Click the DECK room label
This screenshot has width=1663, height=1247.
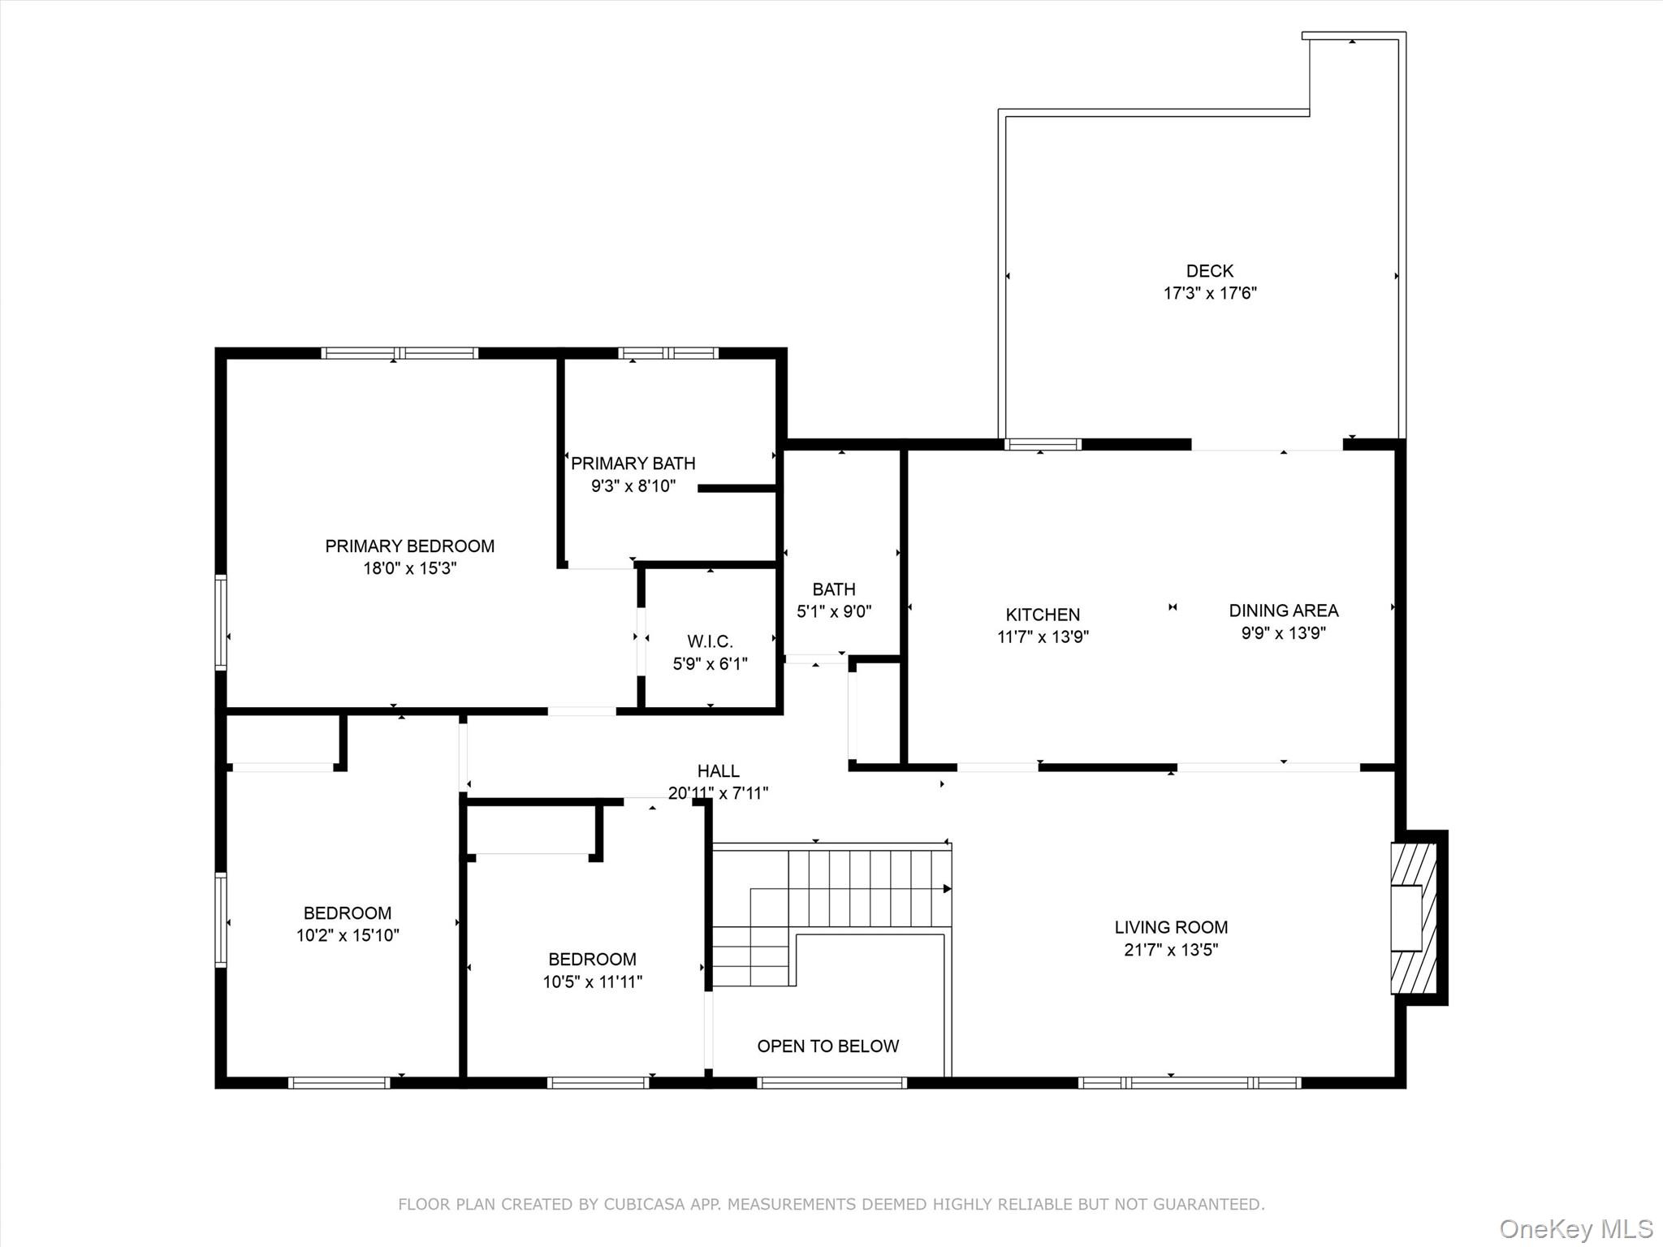pos(1209,271)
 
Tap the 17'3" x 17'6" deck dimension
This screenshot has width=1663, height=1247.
pos(1210,293)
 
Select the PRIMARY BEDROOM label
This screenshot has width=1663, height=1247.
pos(409,546)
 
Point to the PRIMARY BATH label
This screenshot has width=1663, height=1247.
pos(633,464)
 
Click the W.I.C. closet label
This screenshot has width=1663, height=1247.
pos(710,641)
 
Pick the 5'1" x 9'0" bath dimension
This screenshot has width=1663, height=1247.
pos(834,611)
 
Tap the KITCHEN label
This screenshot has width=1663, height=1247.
pos(1043,615)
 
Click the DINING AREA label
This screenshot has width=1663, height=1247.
pos(1283,611)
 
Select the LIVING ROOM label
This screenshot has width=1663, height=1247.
pos(1171,927)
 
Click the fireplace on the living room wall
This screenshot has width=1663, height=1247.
pos(1414,918)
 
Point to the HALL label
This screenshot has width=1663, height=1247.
pos(718,771)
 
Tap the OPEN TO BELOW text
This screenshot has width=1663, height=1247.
pos(827,1046)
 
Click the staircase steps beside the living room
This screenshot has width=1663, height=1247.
pos(831,914)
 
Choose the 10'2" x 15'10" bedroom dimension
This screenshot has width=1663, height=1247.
pos(348,935)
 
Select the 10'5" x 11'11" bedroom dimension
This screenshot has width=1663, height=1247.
pos(592,982)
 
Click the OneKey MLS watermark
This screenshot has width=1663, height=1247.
pos(1576,1228)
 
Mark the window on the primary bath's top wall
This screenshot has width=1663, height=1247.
pos(668,353)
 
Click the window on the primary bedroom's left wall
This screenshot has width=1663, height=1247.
pos(220,622)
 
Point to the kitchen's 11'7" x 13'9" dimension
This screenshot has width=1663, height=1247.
pos(1043,637)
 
